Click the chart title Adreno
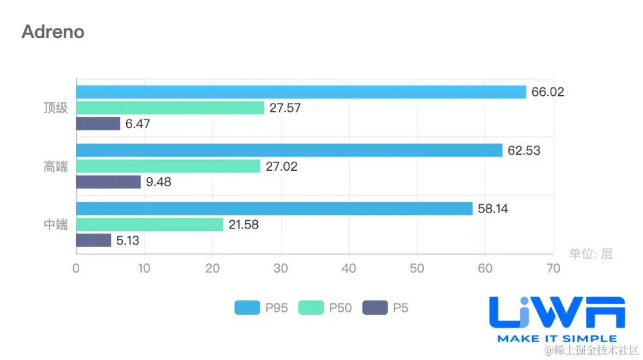click(53, 32)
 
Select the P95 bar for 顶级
click(301, 92)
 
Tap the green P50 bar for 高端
click(168, 167)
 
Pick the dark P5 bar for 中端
click(94, 240)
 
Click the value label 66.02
click(547, 92)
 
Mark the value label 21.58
click(243, 225)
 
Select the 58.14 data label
click(492, 209)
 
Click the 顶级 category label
click(56, 108)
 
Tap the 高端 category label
click(56, 167)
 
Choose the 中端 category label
click(56, 225)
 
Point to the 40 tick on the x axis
click(349, 268)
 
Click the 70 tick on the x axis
click(553, 268)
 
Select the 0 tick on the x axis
click(76, 268)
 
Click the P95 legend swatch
click(247, 308)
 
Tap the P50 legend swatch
click(310, 308)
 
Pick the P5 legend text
click(401, 308)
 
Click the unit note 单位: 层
click(591, 254)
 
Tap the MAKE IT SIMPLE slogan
click(557, 339)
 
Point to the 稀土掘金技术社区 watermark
click(595, 350)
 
